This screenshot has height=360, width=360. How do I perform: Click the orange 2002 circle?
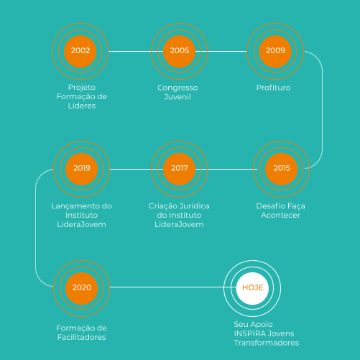pyautogui.click(x=80, y=51)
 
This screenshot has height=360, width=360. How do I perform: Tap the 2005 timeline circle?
pyautogui.click(x=179, y=51)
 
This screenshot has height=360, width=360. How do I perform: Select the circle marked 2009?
pyautogui.click(x=275, y=51)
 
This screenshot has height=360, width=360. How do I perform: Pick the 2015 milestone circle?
pyautogui.click(x=282, y=169)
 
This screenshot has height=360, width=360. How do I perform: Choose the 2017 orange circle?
pyautogui.click(x=179, y=169)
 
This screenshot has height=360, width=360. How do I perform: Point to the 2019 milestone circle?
pyautogui.click(x=81, y=169)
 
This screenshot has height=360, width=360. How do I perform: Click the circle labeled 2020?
pyautogui.click(x=81, y=288)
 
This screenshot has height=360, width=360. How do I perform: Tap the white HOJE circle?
pyautogui.click(x=252, y=288)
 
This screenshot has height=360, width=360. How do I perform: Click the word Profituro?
pyautogui.click(x=273, y=88)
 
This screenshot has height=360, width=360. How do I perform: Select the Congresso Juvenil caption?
pyautogui.click(x=177, y=92)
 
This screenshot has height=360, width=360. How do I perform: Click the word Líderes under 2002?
pyautogui.click(x=82, y=106)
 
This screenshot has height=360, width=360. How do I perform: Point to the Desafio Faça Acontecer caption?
pyautogui.click(x=280, y=211)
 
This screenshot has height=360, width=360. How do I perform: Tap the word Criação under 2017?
pyautogui.click(x=162, y=206)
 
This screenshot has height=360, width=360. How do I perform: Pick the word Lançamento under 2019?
pyautogui.click(x=75, y=206)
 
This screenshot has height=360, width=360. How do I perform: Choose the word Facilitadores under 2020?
pyautogui.click(x=82, y=337)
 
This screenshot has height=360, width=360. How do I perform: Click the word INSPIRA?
pyautogui.click(x=249, y=333)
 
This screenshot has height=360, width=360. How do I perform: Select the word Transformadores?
pyautogui.click(x=267, y=343)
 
